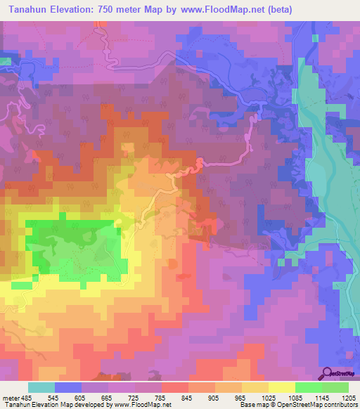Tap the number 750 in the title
[117, 10]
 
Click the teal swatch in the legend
[41, 388]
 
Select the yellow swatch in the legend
[282, 388]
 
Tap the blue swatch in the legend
[68, 388]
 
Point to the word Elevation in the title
[74, 10]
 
